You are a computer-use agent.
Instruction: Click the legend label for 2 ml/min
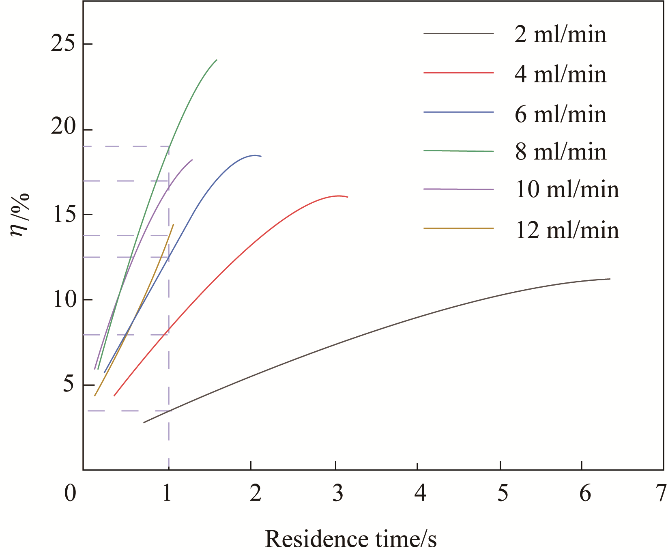tap(561, 34)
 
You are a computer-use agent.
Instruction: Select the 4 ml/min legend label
tap(561, 74)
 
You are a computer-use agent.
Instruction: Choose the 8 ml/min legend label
tap(561, 152)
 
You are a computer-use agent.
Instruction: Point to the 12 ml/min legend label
tap(567, 230)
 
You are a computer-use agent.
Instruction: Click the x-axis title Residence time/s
tap(351, 539)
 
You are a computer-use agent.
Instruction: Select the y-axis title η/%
tap(20, 215)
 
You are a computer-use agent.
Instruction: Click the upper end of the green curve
tap(217, 60)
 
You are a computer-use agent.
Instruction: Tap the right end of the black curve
tap(610, 279)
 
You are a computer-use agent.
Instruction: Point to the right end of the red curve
tap(348, 197)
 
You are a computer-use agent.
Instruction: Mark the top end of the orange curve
tap(174, 224)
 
